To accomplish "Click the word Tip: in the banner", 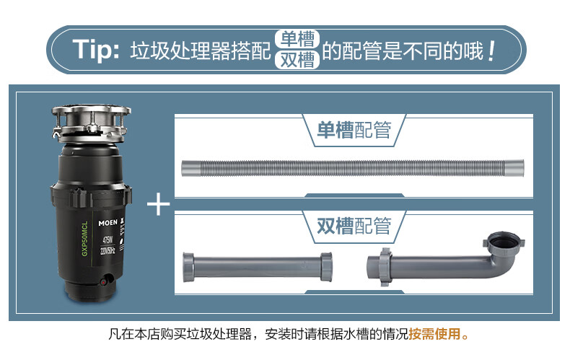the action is coord(96,50).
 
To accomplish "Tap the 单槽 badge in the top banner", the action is coord(297,39).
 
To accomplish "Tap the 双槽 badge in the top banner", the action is coord(297,60).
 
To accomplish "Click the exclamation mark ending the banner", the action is coord(491,51).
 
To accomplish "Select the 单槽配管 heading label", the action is coord(354,130).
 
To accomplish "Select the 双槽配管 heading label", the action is coord(354,226).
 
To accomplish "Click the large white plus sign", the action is coord(159,204).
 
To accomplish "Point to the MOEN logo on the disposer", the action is coord(108,222).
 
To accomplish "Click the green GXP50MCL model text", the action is coord(84,239).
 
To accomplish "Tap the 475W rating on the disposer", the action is coord(108,240).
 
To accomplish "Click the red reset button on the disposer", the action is coord(104,282).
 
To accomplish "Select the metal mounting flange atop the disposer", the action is coord(91,123).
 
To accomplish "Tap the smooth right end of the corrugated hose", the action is coord(514,168).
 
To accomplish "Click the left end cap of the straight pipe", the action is coord(188,267).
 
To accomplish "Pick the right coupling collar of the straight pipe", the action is coord(326,266).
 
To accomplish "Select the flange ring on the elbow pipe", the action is coord(385,267).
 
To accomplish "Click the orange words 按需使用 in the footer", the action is coord(434,334).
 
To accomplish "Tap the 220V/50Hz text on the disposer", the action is coord(108,250).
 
